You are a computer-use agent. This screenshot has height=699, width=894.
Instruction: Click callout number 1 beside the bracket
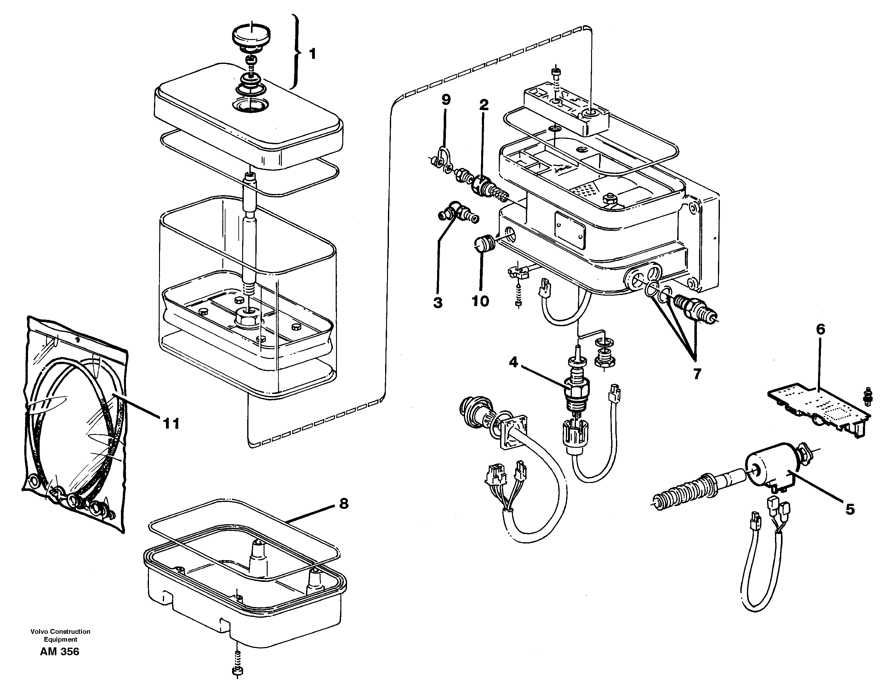(312, 54)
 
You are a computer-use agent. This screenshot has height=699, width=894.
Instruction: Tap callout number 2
(484, 105)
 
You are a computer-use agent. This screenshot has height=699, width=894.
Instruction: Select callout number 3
(438, 303)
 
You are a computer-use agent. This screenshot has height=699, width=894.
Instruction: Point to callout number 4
(513, 362)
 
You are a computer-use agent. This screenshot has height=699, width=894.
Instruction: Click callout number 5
(850, 509)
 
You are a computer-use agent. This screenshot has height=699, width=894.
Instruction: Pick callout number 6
(820, 329)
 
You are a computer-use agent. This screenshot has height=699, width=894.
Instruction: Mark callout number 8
(344, 504)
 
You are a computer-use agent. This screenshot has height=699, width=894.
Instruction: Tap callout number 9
(446, 99)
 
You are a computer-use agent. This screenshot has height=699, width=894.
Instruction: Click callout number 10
(480, 301)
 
